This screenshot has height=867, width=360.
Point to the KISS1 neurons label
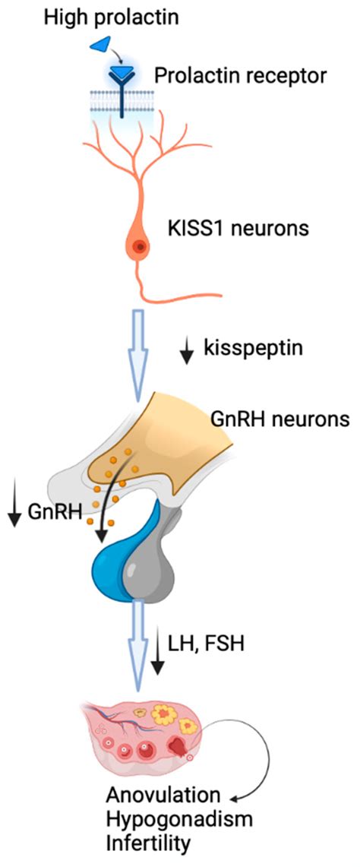pyautogui.click(x=237, y=227)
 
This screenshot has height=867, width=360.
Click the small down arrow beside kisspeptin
pyautogui.click(x=186, y=351)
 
